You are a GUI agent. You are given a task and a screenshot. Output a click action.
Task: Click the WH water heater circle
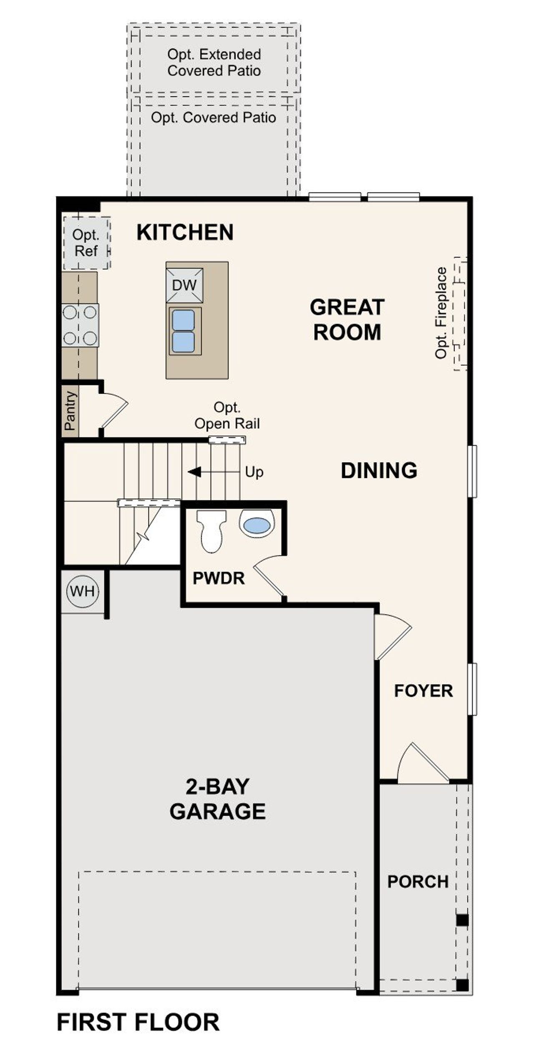pyautogui.click(x=83, y=591)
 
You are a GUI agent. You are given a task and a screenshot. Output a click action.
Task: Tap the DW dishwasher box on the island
pyautogui.click(x=184, y=285)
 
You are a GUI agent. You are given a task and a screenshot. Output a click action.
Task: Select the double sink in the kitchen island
pyautogui.click(x=184, y=331)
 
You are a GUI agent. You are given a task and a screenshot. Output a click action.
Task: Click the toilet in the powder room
pyautogui.click(x=211, y=530)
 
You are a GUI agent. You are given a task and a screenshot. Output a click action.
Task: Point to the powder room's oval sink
pyautogui.click(x=256, y=525)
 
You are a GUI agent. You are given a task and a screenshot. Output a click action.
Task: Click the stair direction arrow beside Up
pyautogui.click(x=194, y=472)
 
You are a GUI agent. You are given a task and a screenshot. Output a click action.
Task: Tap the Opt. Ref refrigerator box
pyautogui.click(x=86, y=243)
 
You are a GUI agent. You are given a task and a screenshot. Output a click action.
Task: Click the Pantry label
pyautogui.click(x=70, y=410)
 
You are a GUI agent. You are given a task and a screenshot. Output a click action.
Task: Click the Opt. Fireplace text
pyautogui.click(x=441, y=313)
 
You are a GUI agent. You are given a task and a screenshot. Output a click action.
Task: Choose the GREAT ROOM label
pyautogui.click(x=347, y=319)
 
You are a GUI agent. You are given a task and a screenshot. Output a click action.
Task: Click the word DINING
pyautogui.click(x=379, y=470)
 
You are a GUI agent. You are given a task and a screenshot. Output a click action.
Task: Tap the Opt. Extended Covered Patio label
pyautogui.click(x=214, y=63)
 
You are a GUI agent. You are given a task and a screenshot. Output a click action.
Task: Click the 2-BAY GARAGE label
pyautogui.click(x=217, y=799)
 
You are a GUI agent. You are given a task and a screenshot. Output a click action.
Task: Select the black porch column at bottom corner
pyautogui.click(x=462, y=985)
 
